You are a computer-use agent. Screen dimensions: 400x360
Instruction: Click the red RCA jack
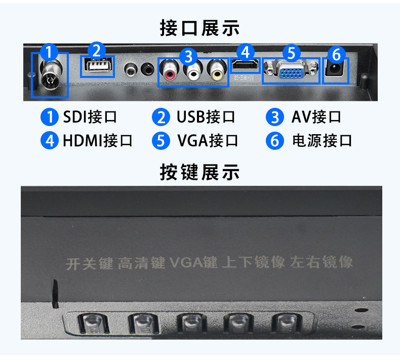tap(170, 71)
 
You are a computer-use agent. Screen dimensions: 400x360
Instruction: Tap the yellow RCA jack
tap(217, 71)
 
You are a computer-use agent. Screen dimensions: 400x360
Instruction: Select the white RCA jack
tap(193, 71)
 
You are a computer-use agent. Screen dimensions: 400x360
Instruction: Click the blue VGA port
tap(291, 70)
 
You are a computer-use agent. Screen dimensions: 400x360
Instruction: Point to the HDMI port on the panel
tap(245, 65)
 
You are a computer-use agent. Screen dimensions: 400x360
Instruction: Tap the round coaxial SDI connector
tap(51, 75)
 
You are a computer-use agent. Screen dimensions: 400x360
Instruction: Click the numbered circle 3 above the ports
tap(188, 57)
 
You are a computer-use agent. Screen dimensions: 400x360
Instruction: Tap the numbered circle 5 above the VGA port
tap(291, 53)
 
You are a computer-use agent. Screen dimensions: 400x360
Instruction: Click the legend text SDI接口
tap(90, 117)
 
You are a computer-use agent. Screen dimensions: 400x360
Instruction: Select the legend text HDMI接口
tap(98, 141)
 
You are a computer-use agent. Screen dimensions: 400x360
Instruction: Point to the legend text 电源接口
tap(322, 141)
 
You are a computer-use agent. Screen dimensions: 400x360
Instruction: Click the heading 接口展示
tap(199, 28)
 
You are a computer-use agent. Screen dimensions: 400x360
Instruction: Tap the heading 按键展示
tap(199, 172)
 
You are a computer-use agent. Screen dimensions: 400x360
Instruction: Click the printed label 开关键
tap(89, 263)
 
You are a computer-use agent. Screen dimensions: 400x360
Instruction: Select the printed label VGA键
tap(193, 262)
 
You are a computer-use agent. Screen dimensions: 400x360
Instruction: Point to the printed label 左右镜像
tap(322, 261)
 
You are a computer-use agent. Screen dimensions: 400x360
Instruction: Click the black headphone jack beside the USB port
tap(147, 69)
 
